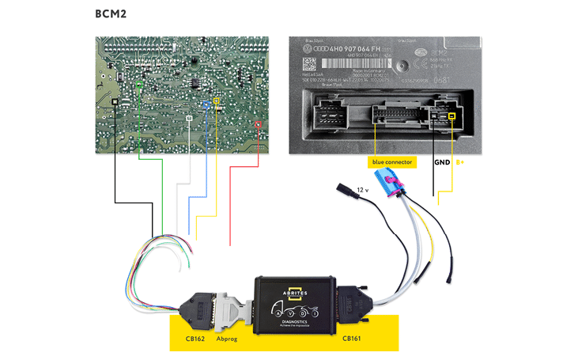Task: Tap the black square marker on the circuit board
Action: click(x=116, y=102)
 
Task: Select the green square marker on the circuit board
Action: click(x=140, y=83)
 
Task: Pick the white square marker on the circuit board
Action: click(x=188, y=117)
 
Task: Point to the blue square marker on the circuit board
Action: click(x=207, y=103)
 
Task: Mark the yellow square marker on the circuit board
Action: click(x=217, y=102)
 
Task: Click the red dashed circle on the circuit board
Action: click(x=261, y=125)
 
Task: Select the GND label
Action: click(x=441, y=162)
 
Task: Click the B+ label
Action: click(x=459, y=162)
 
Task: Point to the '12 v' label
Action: click(x=362, y=191)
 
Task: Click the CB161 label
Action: click(x=352, y=338)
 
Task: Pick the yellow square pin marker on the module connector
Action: click(x=452, y=117)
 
